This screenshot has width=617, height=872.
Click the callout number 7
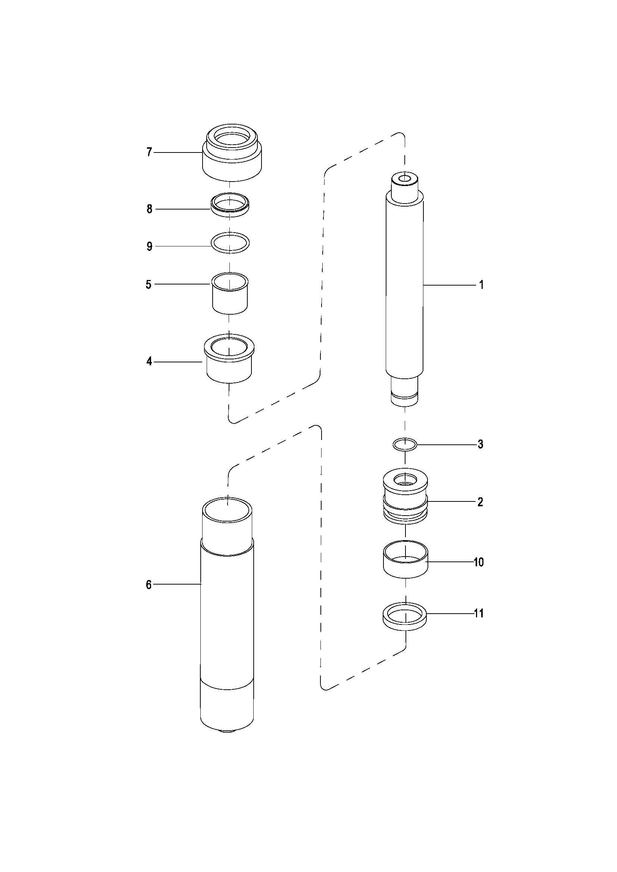(149, 152)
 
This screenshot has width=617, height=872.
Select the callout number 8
(150, 209)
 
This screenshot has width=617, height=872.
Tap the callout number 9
(150, 246)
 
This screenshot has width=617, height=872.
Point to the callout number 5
(148, 284)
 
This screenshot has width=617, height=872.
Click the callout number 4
(149, 362)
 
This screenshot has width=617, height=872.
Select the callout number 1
(481, 284)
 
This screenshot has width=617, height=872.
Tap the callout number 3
(480, 444)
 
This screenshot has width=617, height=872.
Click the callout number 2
(480, 502)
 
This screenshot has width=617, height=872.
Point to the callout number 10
(479, 562)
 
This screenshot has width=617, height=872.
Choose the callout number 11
(479, 613)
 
